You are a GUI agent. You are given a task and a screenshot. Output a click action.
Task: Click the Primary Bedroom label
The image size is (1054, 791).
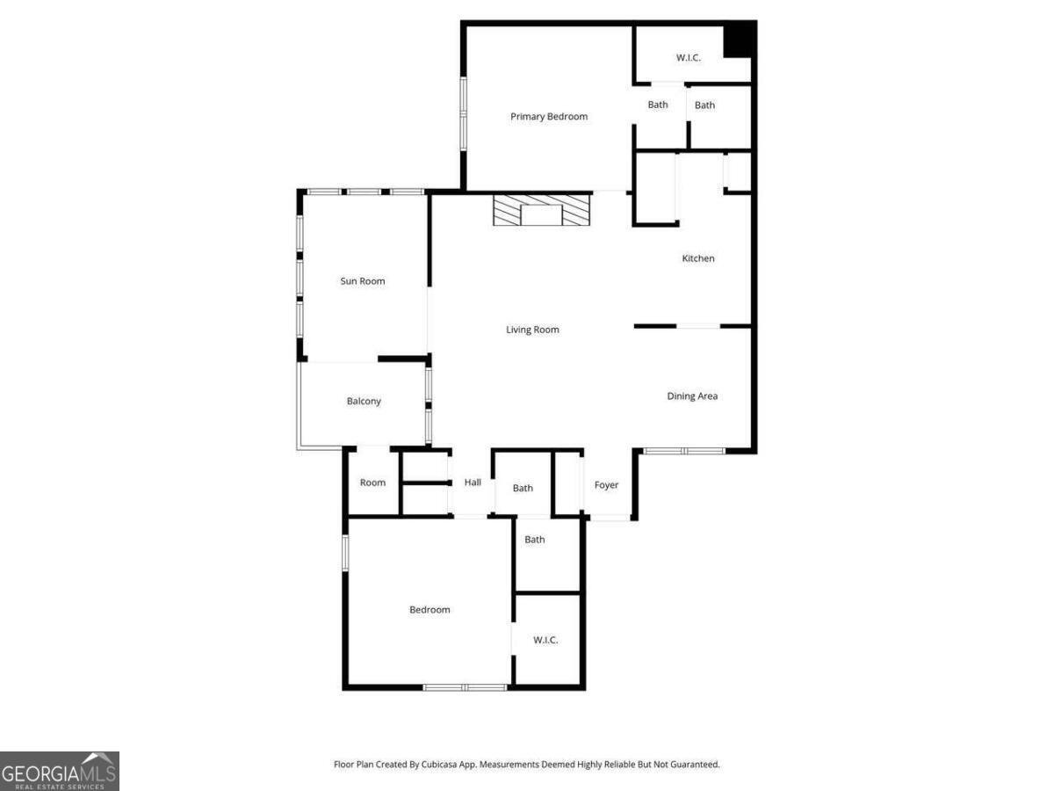click(548, 117)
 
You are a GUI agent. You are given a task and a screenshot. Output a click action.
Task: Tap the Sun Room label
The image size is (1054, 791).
click(363, 281)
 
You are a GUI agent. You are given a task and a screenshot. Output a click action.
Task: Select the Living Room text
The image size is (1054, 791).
click(532, 330)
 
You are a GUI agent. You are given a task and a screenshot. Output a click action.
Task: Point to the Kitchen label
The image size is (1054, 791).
click(697, 258)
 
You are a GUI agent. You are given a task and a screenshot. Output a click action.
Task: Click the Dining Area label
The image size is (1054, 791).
click(692, 395)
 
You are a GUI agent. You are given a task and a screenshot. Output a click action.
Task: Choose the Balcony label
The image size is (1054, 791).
click(364, 401)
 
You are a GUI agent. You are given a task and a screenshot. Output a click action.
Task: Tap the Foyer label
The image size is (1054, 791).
click(606, 485)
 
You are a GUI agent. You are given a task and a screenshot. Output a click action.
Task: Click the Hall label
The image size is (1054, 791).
click(473, 483)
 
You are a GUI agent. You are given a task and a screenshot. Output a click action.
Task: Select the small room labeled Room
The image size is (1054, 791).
click(372, 483)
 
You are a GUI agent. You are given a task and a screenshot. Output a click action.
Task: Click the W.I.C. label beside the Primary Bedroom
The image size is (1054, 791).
click(688, 58)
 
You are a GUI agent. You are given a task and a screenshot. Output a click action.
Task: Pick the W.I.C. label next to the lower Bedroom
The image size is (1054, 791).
click(545, 640)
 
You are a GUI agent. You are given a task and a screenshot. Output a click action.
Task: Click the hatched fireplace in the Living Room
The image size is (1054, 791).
click(542, 209)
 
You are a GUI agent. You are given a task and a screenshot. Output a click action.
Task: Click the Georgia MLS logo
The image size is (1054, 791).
click(60, 771)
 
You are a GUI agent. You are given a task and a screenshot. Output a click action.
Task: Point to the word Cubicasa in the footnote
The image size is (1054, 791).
click(438, 764)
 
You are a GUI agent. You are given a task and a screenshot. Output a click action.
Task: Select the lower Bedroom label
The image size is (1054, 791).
click(430, 610)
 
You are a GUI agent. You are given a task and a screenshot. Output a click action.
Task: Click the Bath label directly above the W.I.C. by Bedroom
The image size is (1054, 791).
click(534, 540)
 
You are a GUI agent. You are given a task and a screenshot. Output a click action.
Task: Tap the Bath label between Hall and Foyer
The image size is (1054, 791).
click(523, 489)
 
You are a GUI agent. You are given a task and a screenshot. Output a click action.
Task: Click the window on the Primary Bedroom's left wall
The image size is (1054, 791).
click(464, 114)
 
